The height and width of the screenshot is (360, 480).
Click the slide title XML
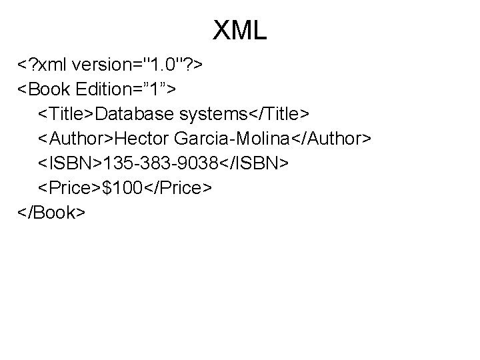[x=240, y=31]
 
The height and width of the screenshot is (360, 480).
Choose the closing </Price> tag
[x=177, y=189]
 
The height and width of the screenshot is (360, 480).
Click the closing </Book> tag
[x=51, y=213]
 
